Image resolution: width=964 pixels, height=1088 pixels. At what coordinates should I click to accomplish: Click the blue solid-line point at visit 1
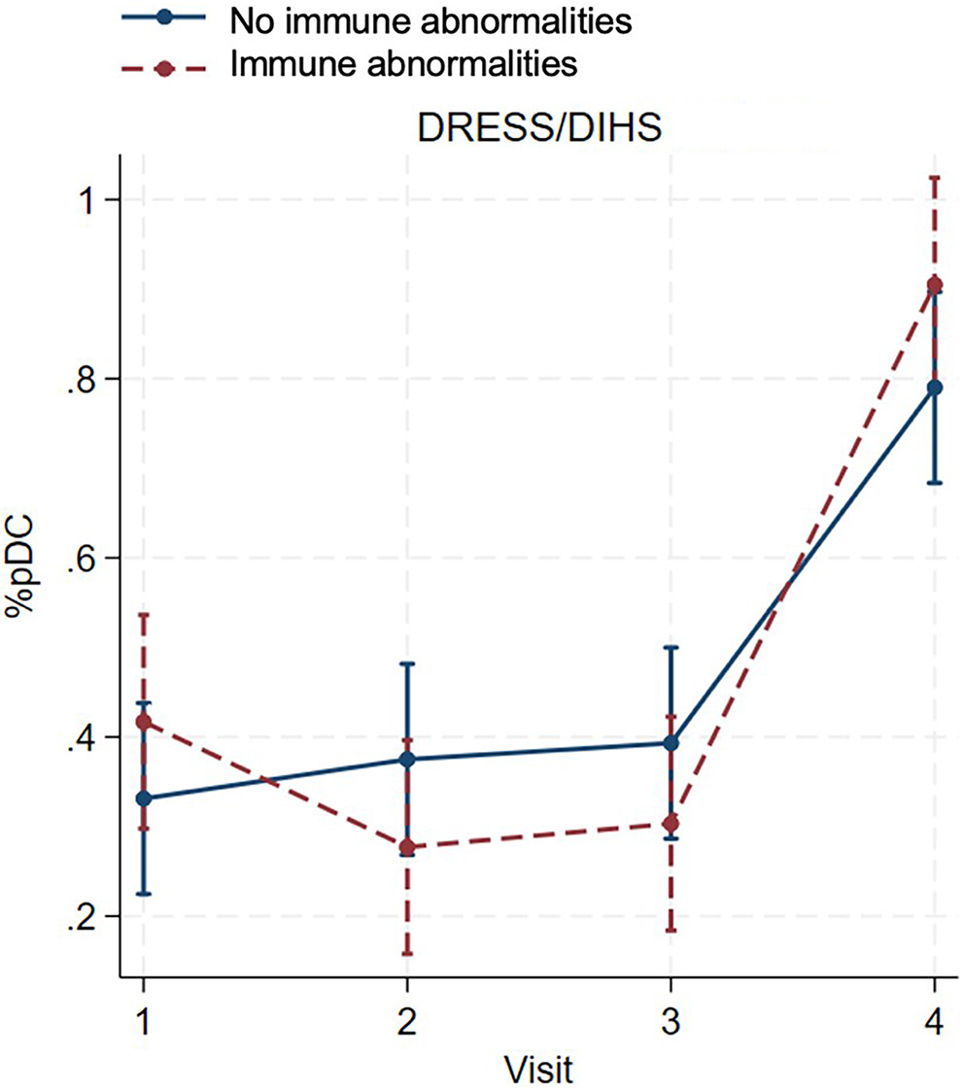click(144, 799)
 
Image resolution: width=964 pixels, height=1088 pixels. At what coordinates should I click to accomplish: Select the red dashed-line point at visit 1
click(144, 722)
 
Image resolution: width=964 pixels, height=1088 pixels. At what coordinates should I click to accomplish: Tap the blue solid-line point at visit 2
click(407, 760)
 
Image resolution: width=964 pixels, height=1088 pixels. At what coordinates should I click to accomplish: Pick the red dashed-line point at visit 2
click(407, 847)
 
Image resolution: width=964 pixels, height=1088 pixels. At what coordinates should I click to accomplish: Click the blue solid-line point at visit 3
click(671, 743)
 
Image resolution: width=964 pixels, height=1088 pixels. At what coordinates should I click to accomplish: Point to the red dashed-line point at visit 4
click(934, 285)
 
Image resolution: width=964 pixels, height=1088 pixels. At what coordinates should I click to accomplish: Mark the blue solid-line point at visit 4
click(934, 388)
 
